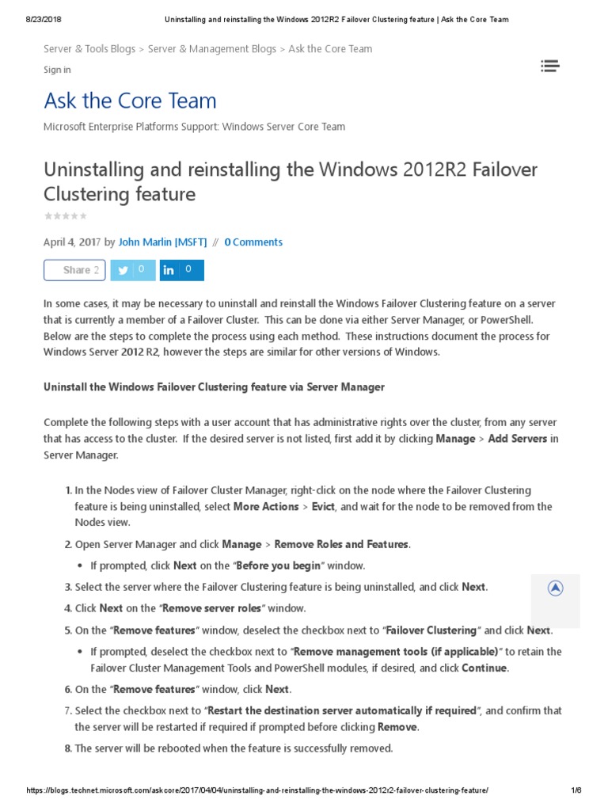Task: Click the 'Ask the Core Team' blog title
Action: tap(130, 101)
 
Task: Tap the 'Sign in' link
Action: tap(57, 70)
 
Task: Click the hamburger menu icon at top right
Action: tap(550, 67)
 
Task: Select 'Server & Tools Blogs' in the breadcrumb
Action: tap(89, 49)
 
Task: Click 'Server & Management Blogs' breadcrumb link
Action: tap(212, 49)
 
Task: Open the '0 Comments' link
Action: tap(253, 242)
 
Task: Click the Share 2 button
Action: tap(74, 270)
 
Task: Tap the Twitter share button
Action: tap(132, 270)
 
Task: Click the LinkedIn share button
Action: tap(181, 270)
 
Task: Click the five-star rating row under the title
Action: tap(66, 216)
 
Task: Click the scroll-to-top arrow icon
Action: tap(556, 588)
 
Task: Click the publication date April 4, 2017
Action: tap(72, 242)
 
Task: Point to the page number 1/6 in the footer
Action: tap(576, 791)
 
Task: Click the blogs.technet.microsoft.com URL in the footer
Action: tap(257, 791)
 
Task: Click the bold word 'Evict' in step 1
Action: tap(323, 507)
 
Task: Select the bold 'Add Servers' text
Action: tap(518, 439)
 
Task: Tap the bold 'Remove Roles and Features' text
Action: tap(341, 544)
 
